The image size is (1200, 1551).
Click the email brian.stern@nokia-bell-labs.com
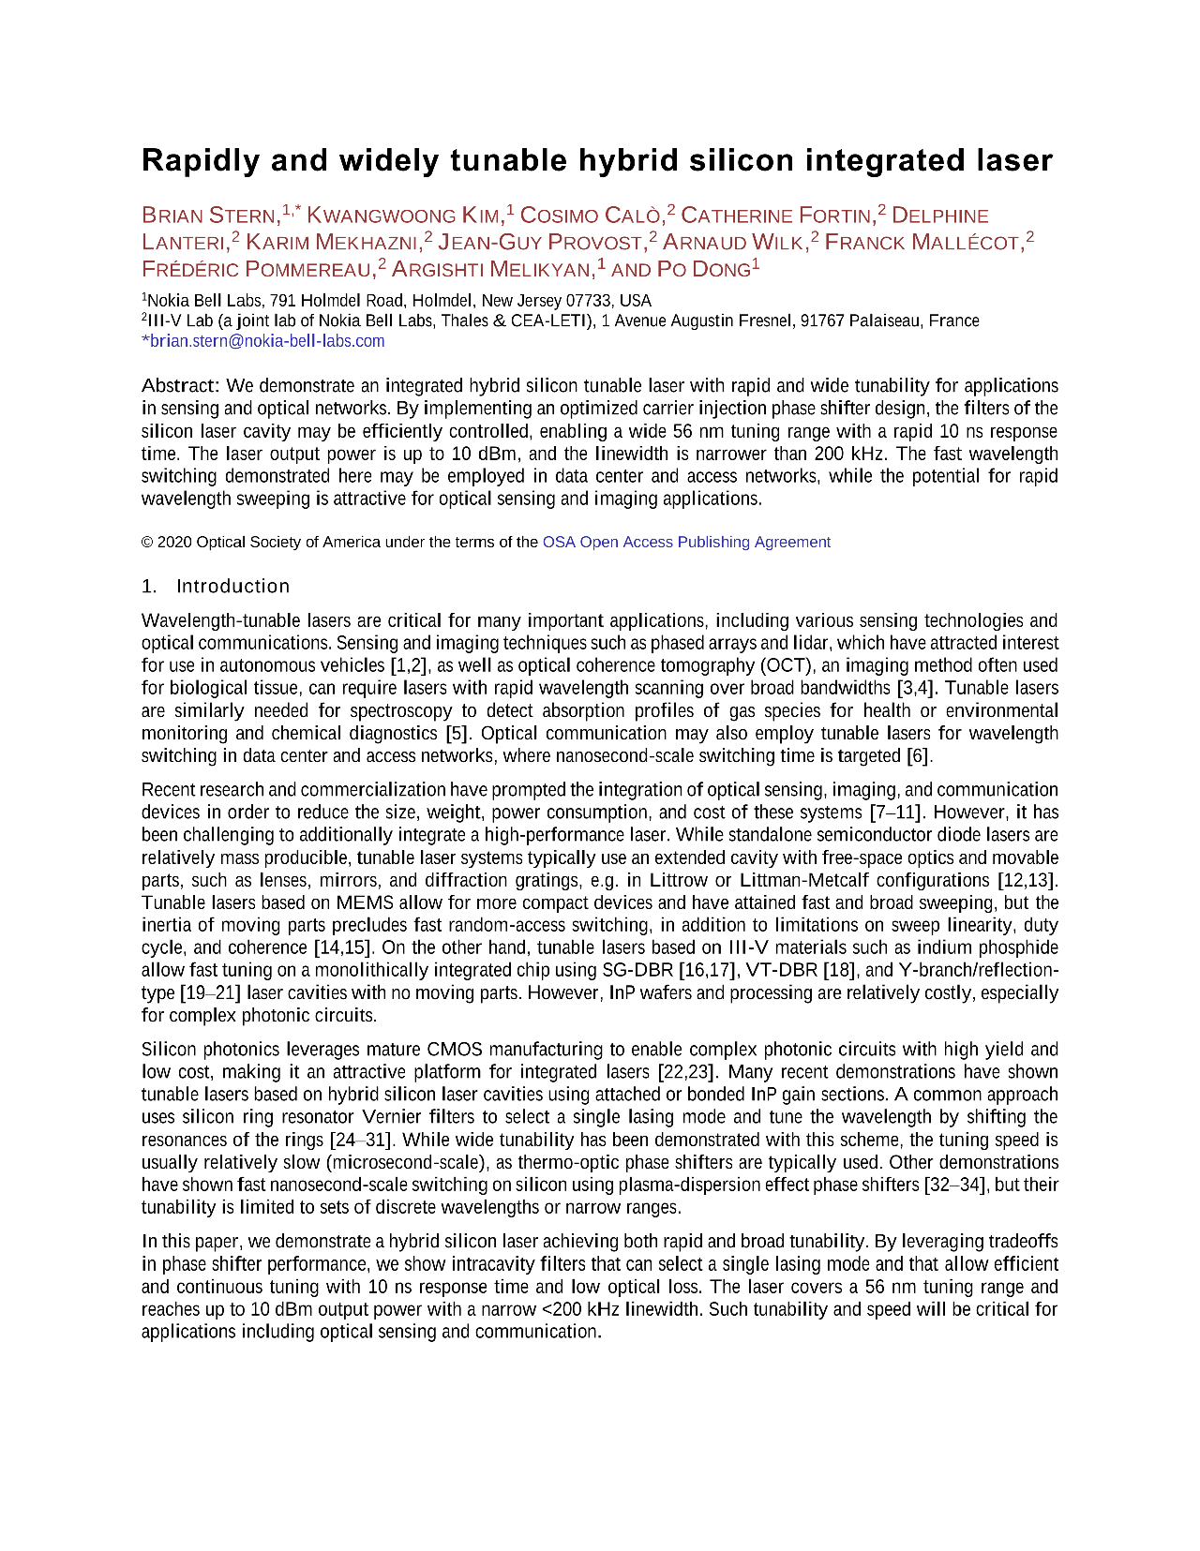pos(266,341)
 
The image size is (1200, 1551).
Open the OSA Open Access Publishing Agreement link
pos(686,542)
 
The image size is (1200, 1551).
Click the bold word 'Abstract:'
pos(181,386)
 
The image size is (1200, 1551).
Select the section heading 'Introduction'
pos(232,587)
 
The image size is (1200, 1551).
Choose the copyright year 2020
pos(175,542)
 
